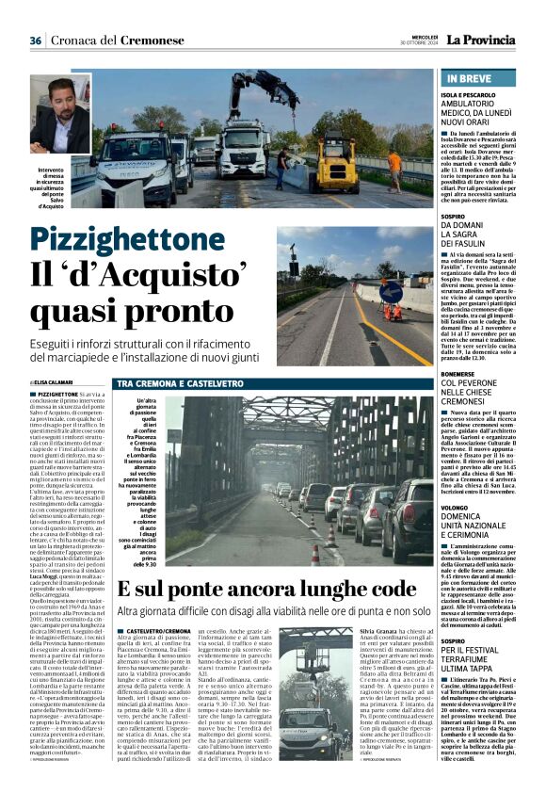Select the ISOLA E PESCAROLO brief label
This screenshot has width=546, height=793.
473,98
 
